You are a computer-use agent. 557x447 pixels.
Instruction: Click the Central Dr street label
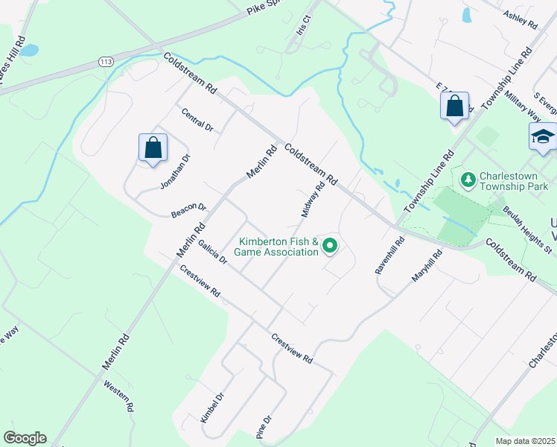coord(197,119)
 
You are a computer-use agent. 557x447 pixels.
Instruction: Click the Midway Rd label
coord(313,200)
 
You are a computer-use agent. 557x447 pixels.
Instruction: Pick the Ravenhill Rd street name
coord(389,256)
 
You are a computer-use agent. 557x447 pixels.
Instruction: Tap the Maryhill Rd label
coord(427,266)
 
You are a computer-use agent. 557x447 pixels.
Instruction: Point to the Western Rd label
coord(118,396)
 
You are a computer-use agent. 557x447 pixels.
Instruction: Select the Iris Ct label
coord(302,29)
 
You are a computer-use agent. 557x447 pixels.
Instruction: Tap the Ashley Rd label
coord(520,19)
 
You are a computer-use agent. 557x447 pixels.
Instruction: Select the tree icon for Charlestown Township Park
coord(468,180)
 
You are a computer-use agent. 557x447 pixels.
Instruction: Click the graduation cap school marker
coord(543,136)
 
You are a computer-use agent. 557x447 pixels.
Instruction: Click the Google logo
coord(25,438)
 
